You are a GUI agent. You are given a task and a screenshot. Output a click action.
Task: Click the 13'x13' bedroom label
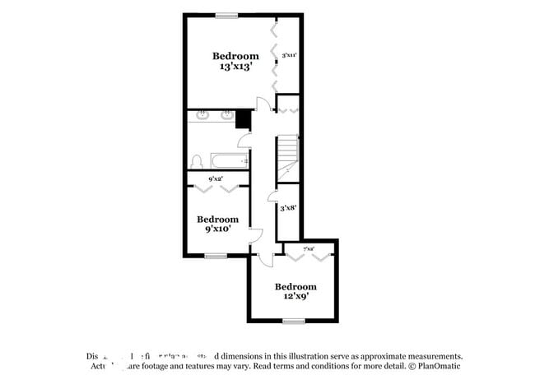click(x=235, y=61)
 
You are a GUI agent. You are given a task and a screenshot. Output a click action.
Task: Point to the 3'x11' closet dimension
click(x=289, y=55)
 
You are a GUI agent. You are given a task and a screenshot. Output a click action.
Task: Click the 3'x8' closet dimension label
click(x=287, y=208)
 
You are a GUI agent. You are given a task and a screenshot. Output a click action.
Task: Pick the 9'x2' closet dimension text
click(x=216, y=178)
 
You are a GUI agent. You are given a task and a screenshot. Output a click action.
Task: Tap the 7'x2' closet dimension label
click(x=308, y=248)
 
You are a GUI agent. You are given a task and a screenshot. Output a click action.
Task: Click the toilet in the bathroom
click(x=196, y=161)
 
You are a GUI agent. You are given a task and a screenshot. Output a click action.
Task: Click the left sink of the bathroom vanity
click(x=202, y=116)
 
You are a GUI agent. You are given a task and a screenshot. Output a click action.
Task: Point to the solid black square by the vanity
click(x=243, y=119)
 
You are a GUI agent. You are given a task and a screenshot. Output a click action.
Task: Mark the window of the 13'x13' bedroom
click(x=226, y=15)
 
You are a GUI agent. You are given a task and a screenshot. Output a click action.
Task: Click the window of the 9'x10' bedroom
click(x=216, y=256)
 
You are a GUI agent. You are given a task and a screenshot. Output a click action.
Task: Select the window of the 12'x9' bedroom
click(x=294, y=320)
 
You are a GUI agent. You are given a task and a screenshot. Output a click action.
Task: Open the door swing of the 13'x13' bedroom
click(x=262, y=104)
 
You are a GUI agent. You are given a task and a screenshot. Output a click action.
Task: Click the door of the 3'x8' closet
click(x=272, y=197)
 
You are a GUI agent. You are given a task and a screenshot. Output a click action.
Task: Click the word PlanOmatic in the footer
click(x=440, y=367)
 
